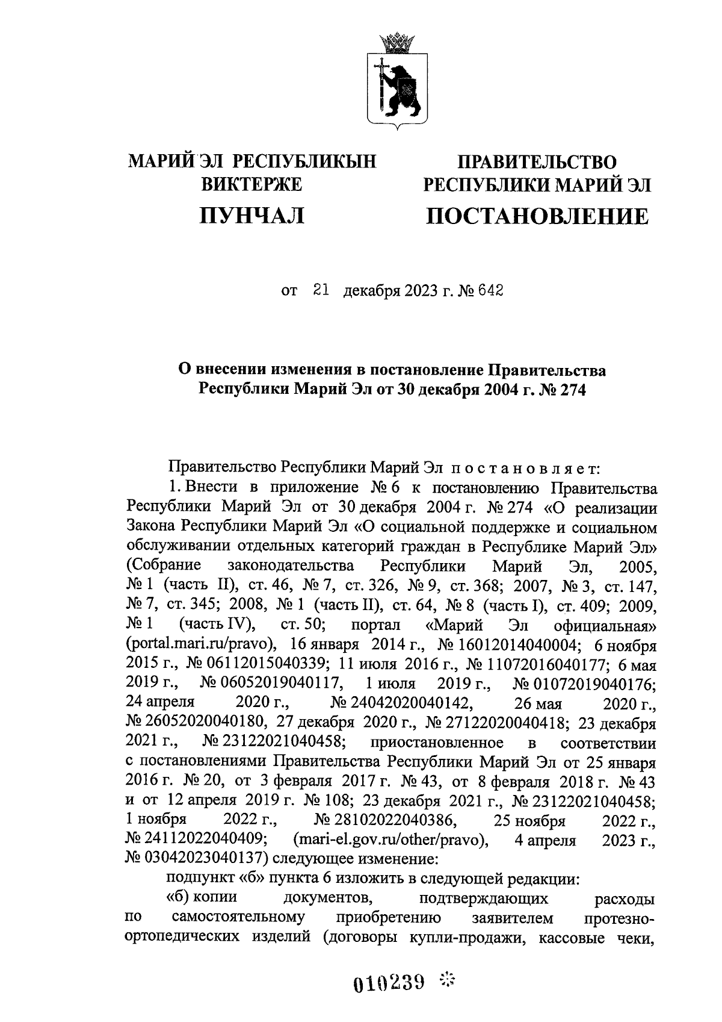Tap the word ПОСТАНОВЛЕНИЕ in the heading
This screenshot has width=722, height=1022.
(537, 216)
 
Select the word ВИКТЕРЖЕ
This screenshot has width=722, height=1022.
(251, 184)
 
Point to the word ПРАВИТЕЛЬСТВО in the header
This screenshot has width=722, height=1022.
(537, 162)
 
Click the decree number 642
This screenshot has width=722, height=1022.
(490, 292)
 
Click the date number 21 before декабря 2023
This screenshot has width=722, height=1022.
(320, 291)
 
